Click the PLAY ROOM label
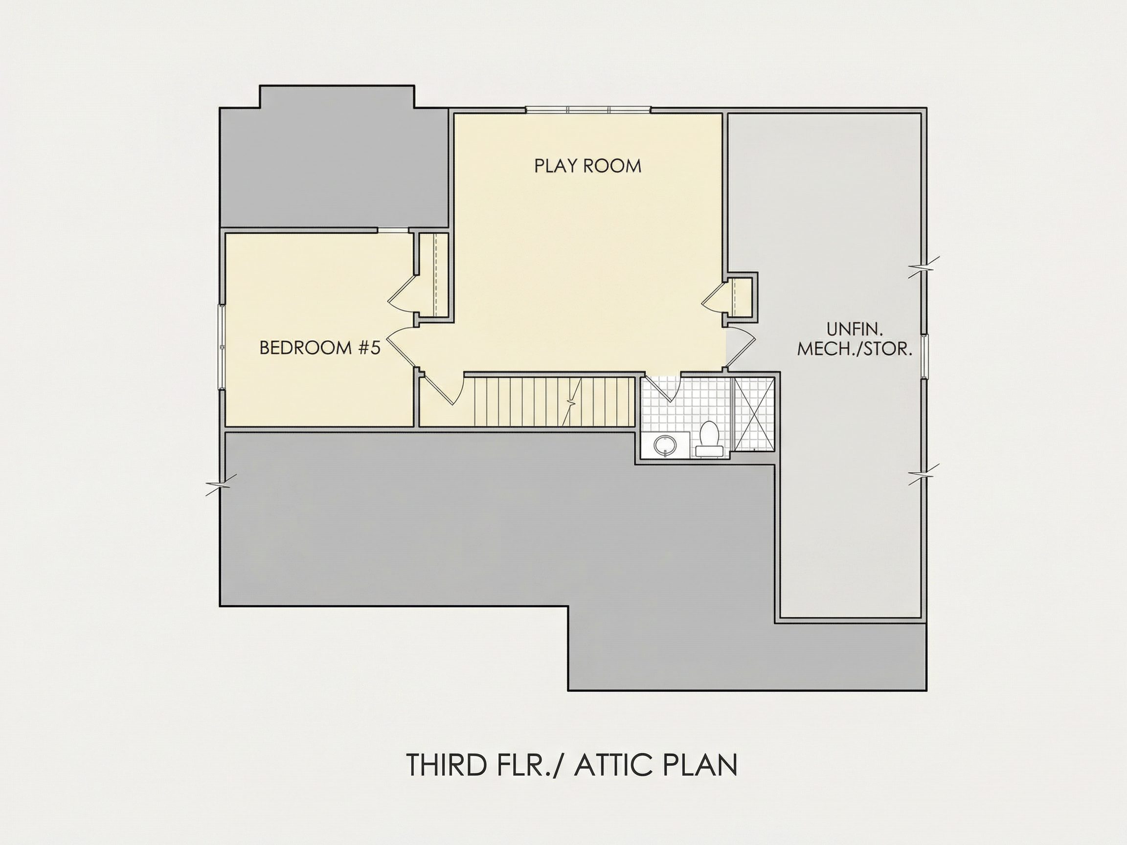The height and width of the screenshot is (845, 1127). tap(587, 166)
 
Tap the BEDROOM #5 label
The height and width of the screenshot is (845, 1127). tap(320, 347)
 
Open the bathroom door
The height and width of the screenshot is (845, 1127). tap(662, 389)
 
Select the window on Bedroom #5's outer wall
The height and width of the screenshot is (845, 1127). tap(222, 347)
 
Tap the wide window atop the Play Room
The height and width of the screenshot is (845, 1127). tap(588, 109)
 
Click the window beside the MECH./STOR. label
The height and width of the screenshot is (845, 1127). tap(924, 356)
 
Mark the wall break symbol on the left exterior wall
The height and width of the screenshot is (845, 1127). tap(221, 485)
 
